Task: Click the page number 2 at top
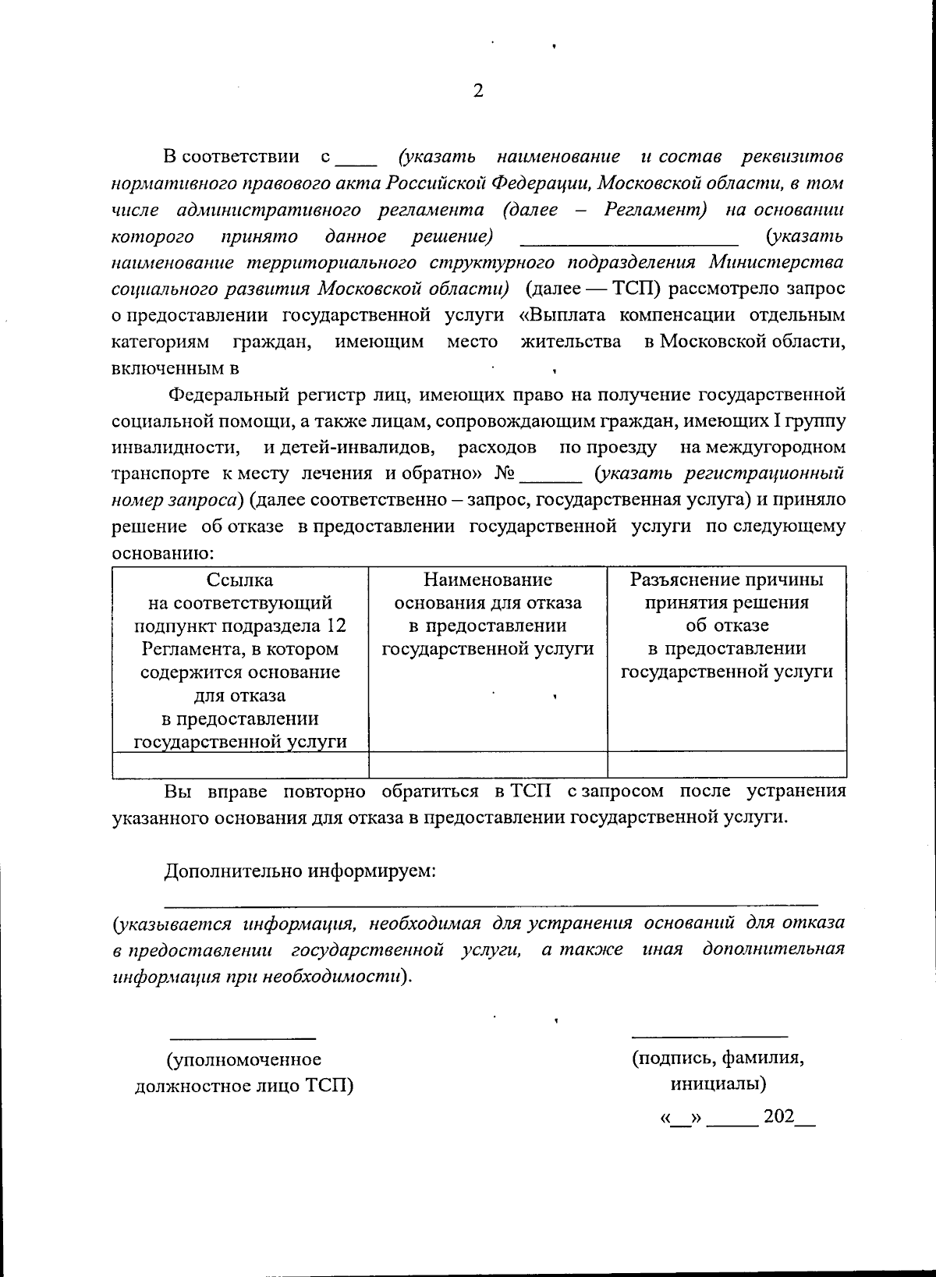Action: (478, 91)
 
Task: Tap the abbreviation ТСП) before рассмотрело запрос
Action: (636, 289)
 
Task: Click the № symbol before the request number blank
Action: (506, 474)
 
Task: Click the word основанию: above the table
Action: (163, 553)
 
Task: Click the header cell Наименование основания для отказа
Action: (487, 614)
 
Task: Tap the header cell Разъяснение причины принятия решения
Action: (726, 626)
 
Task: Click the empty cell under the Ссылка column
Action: (240, 764)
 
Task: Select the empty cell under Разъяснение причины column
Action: (726, 764)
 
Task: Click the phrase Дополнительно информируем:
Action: (300, 871)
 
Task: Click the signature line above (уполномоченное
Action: (243, 1038)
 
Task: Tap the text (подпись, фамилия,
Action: (718, 1058)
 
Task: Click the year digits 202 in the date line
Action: (778, 1116)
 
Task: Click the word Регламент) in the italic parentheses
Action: (655, 210)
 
